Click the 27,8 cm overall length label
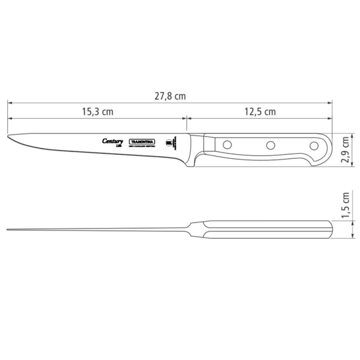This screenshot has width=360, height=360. pyautogui.click(x=170, y=96)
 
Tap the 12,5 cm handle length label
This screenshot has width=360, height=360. pyautogui.click(x=259, y=112)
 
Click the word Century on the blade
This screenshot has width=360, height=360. pyautogui.click(x=112, y=141)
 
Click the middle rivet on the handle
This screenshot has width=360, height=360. pyautogui.click(x=270, y=145)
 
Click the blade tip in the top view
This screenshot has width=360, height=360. pyautogui.click(x=8, y=230)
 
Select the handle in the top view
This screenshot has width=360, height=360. pyautogui.click(x=269, y=230)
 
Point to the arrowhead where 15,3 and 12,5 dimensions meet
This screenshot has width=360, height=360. pyautogui.click(x=186, y=118)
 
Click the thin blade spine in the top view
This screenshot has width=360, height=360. pyautogui.click(x=97, y=230)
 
